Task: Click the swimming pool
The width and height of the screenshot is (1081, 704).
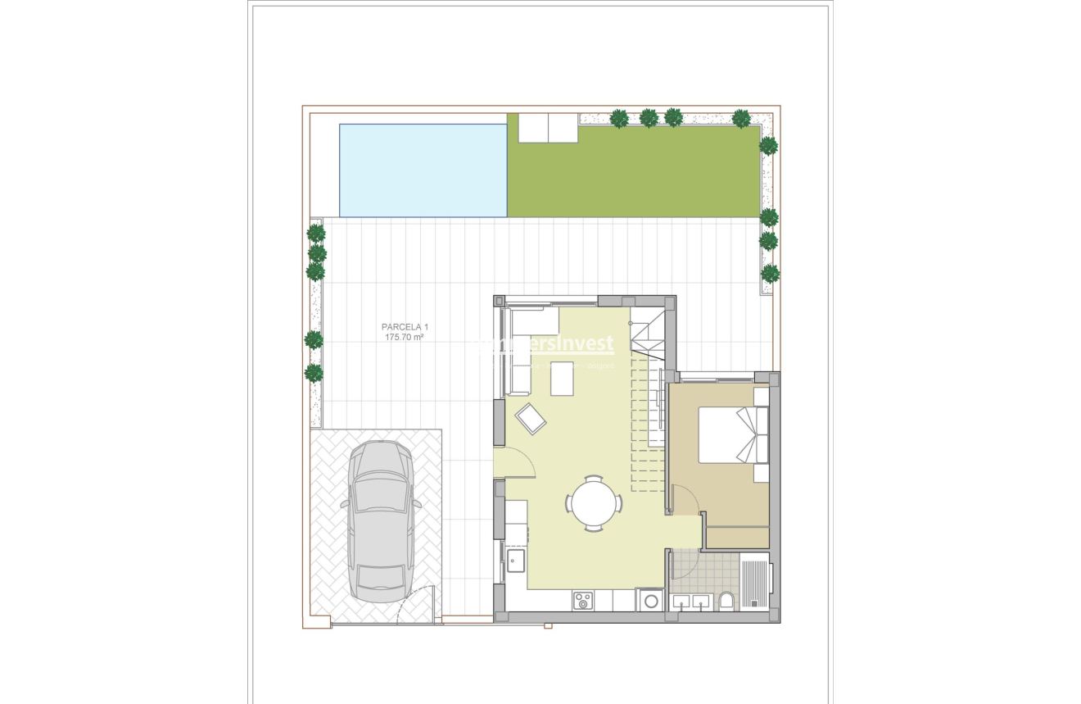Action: [x=423, y=170]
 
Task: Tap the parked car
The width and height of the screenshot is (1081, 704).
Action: [x=381, y=521]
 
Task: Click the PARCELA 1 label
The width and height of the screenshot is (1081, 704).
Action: [x=405, y=327]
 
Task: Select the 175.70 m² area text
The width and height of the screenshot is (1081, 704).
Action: [x=405, y=337]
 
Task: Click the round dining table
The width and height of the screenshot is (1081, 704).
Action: [x=593, y=503]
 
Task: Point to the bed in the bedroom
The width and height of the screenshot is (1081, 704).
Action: [x=732, y=435]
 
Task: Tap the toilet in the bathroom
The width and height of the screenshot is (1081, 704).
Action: [x=725, y=602]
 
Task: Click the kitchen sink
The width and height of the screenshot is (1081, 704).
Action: [x=516, y=561]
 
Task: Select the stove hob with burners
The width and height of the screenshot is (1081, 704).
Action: [x=582, y=601]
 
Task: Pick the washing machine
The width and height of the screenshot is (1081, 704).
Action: [x=651, y=601]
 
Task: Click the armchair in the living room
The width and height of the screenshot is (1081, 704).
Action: [x=531, y=420]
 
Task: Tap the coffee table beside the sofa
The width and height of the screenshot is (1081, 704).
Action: [x=563, y=379]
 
